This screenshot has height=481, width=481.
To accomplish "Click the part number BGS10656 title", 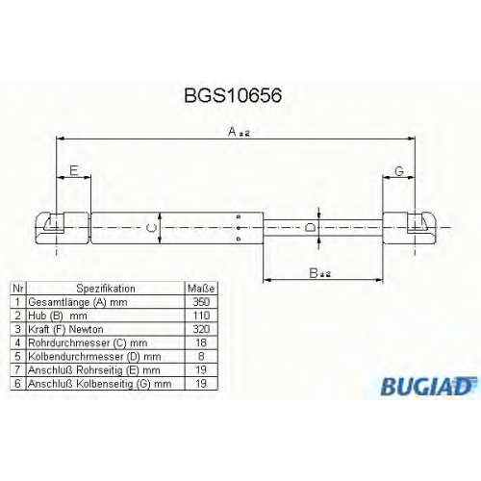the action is point(233,95).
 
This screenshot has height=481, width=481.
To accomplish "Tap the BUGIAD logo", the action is point(428,386).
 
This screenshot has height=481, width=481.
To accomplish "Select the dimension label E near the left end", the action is point(74,170).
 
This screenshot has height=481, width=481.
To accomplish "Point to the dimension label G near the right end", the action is point(399,171).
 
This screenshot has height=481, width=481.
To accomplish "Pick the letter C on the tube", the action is point(151,228).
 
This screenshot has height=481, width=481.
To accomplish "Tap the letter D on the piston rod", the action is point(310,228).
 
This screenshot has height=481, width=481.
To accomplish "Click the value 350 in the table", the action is point(201,302).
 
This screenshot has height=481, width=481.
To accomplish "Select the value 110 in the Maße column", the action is point(201,316).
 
